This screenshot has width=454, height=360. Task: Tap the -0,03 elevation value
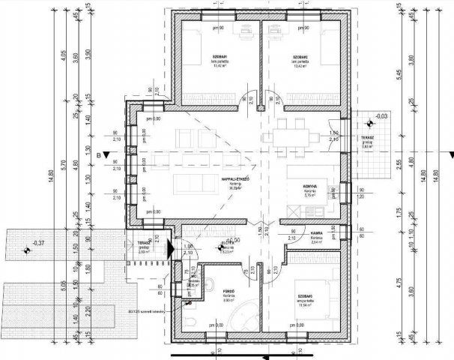coord(382,116)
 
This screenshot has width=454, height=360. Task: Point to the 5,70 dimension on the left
coord(64,157)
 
